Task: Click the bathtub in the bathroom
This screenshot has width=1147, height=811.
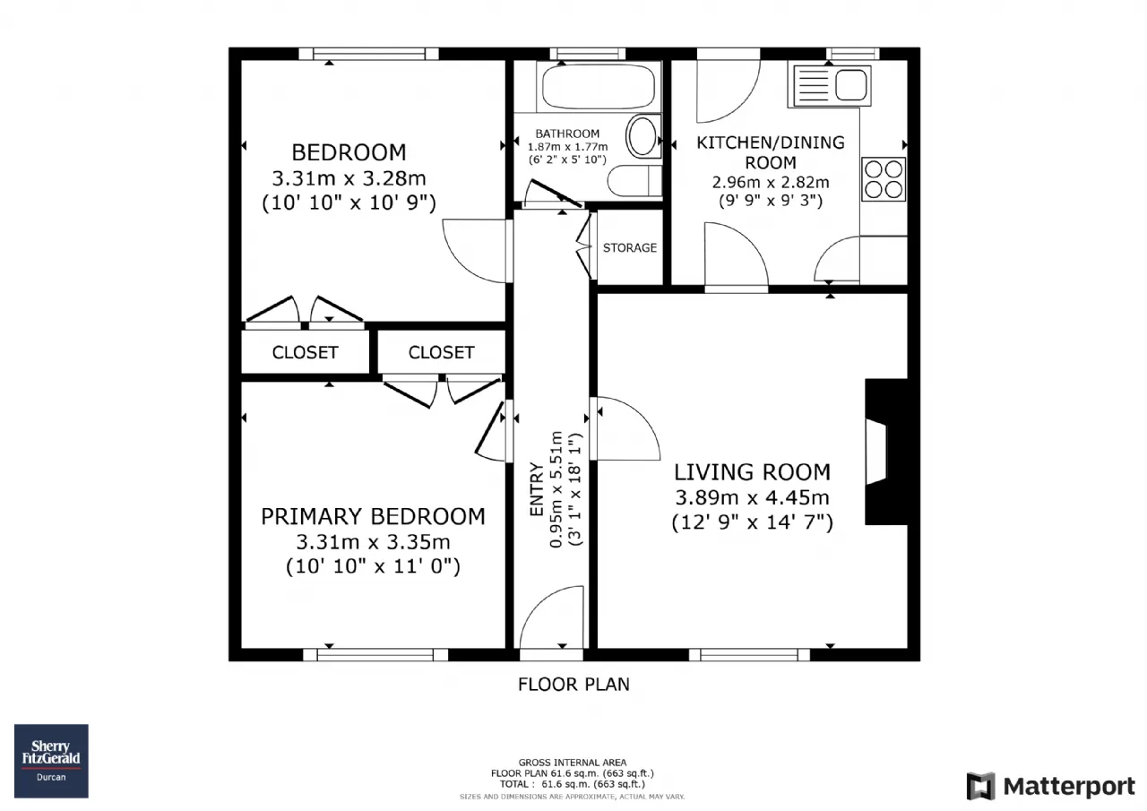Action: click(599, 86)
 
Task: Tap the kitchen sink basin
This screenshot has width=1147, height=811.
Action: click(851, 85)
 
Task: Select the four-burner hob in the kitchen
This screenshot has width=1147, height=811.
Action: click(884, 178)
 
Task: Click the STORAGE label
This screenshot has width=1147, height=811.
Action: click(630, 248)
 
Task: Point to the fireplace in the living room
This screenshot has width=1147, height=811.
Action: click(886, 452)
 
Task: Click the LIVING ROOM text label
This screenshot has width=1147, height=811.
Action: click(752, 472)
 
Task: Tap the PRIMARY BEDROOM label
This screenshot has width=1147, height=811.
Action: click(374, 516)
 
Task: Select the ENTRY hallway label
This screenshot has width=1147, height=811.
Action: click(536, 489)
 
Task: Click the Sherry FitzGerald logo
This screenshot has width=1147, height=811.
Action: click(51, 761)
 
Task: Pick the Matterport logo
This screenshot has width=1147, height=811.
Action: click(1051, 786)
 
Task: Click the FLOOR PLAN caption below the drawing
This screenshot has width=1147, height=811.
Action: click(573, 684)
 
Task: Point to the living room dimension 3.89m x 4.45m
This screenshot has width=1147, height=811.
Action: click(752, 497)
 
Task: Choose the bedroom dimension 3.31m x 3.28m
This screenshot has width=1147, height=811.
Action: click(349, 178)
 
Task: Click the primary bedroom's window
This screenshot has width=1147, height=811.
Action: click(375, 655)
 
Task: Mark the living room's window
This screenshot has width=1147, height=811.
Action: click(749, 655)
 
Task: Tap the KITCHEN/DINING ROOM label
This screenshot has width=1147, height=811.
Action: click(771, 152)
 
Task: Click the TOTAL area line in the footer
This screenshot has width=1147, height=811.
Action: click(573, 784)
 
